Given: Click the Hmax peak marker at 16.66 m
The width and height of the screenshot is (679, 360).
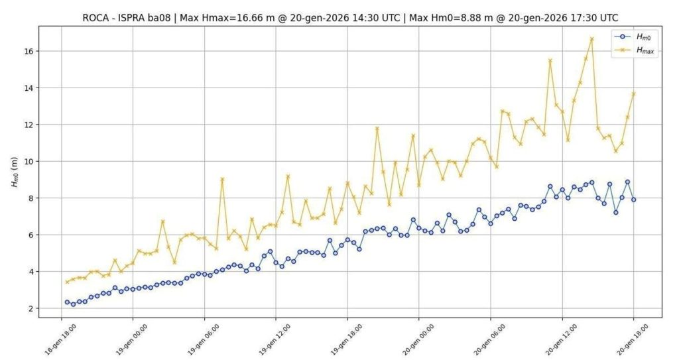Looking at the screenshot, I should pyautogui.click(x=591, y=38).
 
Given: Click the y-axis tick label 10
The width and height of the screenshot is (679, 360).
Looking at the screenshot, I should pyautogui.click(x=29, y=161).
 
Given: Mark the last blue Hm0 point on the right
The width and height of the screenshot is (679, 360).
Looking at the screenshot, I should pyautogui.click(x=633, y=200).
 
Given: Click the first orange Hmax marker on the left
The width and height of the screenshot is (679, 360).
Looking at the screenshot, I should pyautogui.click(x=67, y=282).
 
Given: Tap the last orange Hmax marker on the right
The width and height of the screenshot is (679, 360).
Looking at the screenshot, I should pyautogui.click(x=633, y=93).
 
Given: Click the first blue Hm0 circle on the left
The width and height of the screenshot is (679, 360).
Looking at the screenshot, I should pyautogui.click(x=67, y=302).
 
